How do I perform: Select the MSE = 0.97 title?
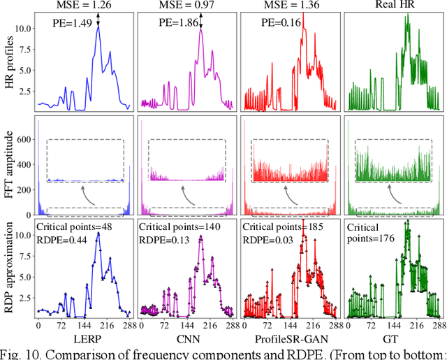[x=183, y=7]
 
